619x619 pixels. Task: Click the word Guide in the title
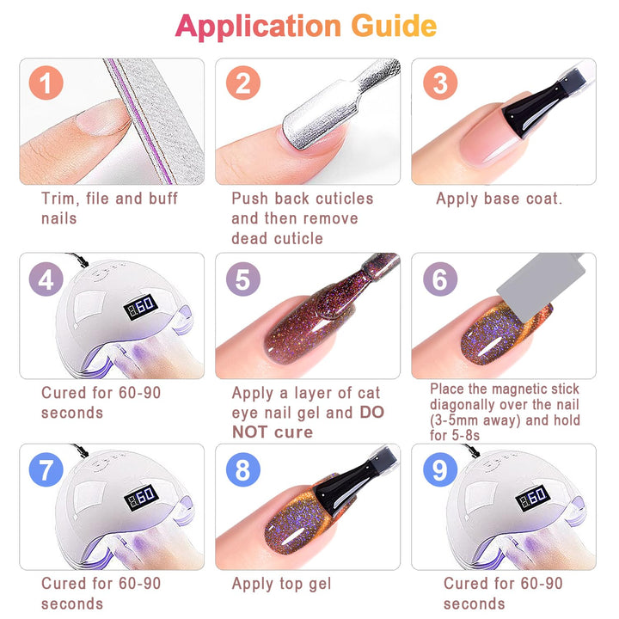click(x=394, y=26)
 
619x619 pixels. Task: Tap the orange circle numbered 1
click(x=46, y=83)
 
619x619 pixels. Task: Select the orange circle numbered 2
click(x=243, y=83)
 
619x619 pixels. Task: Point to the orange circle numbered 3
click(x=440, y=83)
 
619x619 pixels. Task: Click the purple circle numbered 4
click(x=46, y=279)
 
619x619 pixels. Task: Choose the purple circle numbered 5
click(x=243, y=279)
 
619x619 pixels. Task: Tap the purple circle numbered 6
click(x=440, y=279)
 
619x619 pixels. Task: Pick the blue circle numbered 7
click(x=46, y=469)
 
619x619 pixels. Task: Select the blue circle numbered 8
click(x=243, y=469)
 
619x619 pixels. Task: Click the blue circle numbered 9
click(x=440, y=469)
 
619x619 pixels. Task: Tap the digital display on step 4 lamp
click(x=141, y=306)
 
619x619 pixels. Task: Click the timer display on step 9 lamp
click(x=532, y=497)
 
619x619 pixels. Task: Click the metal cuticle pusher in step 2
click(x=340, y=104)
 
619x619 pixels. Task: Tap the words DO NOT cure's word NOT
click(x=250, y=432)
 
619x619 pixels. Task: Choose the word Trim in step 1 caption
click(x=58, y=199)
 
